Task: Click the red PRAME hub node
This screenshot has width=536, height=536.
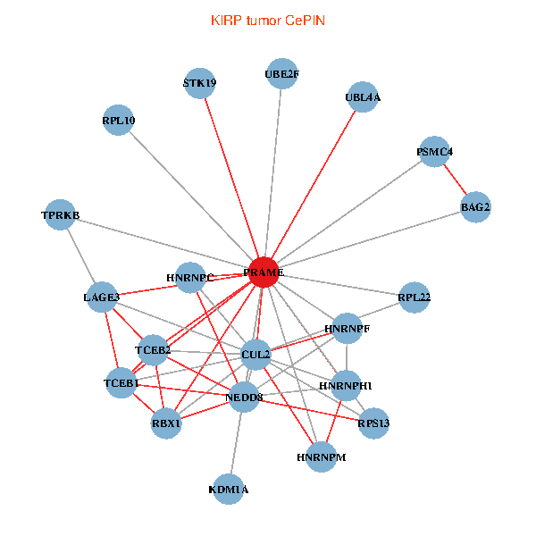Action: (x=263, y=272)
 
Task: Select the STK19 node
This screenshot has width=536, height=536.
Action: (x=199, y=83)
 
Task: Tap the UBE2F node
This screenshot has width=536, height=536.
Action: (x=281, y=74)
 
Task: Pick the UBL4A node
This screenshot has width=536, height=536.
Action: (x=363, y=97)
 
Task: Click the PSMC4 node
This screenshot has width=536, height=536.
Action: (x=434, y=152)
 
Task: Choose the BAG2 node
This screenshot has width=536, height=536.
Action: (x=475, y=207)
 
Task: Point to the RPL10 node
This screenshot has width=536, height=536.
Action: (x=119, y=121)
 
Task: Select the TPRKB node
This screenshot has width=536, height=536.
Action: (x=60, y=215)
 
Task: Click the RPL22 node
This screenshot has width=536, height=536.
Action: (x=415, y=297)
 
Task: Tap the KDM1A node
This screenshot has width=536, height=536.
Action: (x=229, y=489)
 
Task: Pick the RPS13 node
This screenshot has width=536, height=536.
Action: (x=373, y=423)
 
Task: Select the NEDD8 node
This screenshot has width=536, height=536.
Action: (x=244, y=397)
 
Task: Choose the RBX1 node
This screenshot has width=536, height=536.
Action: (x=166, y=423)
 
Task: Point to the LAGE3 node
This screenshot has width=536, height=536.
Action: (x=101, y=297)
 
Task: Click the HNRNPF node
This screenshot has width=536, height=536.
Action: (x=347, y=329)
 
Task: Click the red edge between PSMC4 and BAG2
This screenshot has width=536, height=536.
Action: (x=455, y=180)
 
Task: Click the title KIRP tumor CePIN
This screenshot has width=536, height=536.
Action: (x=268, y=20)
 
